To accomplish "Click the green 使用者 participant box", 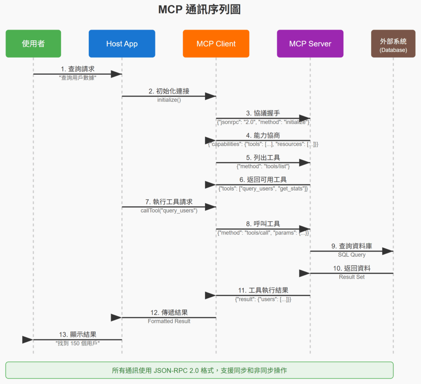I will coord(33,44).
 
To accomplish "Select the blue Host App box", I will coord(122,44).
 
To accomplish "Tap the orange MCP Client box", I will coord(216,44).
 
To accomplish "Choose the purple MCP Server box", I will coord(310,44).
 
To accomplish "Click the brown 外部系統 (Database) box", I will coord(393,44).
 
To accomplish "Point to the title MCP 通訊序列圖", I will coord(199,10).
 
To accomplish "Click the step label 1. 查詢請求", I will coord(78,69).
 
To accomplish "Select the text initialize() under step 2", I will coord(169,100).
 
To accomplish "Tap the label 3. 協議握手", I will coord(263,113).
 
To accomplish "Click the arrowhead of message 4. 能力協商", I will coord(210,140).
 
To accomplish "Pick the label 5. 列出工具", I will coord(263,158).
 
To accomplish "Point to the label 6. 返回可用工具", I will coord(263,180).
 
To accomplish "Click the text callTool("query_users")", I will coord(169,210).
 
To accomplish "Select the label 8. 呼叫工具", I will coord(263,224).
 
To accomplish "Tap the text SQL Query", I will coord(352,255).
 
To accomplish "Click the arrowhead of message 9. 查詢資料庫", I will coord(387,251).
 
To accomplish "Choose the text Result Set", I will coord(352,277).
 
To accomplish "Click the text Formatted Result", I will coord(169,321).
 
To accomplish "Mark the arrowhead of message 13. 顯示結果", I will coord(28,340).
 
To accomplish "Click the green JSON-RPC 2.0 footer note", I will coord(199,370).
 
